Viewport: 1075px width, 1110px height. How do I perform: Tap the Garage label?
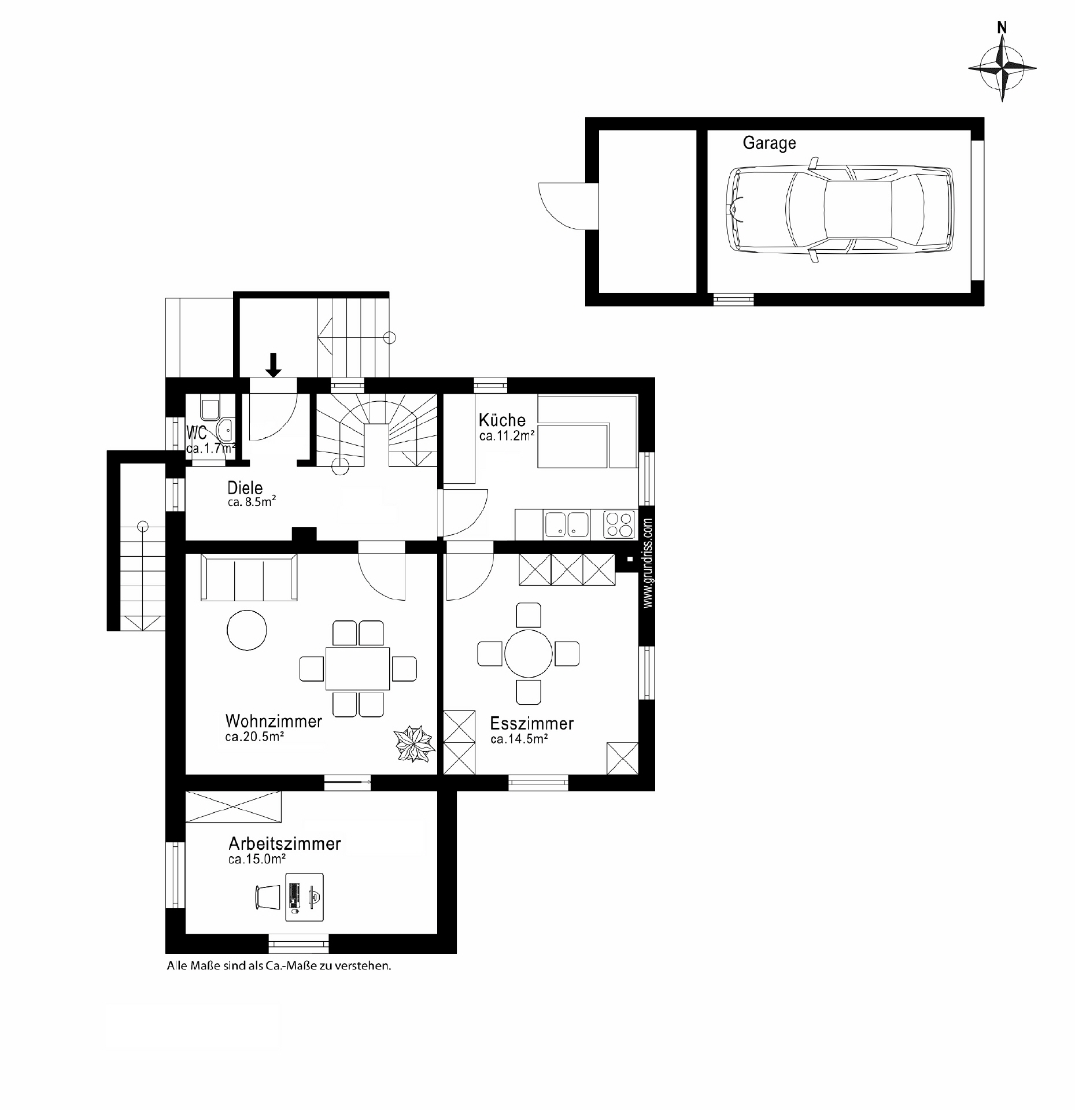[x=769, y=143]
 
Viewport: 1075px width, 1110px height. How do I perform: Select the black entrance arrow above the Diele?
[x=274, y=365]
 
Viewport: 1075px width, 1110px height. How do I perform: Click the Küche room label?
[x=502, y=420]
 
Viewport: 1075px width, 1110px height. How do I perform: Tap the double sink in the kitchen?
[x=566, y=524]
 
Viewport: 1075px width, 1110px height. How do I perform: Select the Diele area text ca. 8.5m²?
[x=251, y=503]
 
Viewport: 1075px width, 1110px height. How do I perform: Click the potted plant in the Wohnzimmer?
[x=413, y=743]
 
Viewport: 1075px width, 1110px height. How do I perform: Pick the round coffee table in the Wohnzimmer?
[x=247, y=630]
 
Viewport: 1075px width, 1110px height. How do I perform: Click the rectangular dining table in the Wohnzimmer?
[x=357, y=668]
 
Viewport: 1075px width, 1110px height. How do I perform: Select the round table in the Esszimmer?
[x=528, y=653]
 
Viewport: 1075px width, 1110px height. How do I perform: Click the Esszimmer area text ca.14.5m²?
[x=519, y=739]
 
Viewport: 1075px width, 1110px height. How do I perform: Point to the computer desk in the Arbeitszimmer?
[x=305, y=897]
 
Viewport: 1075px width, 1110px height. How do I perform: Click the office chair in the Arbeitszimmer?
[x=267, y=897]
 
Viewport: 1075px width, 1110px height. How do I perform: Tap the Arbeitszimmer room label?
[x=285, y=843]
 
